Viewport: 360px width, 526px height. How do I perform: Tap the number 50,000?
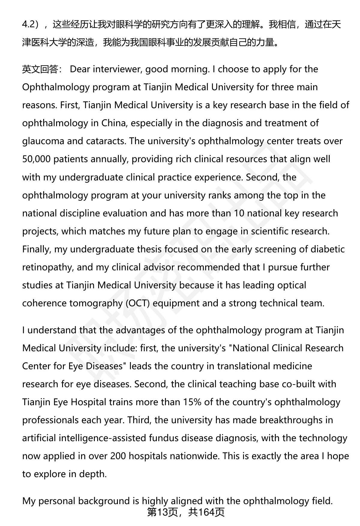[x=36, y=159]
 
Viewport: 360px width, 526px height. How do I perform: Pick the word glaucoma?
[x=43, y=141]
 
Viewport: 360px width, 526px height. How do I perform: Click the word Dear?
[x=80, y=69]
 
